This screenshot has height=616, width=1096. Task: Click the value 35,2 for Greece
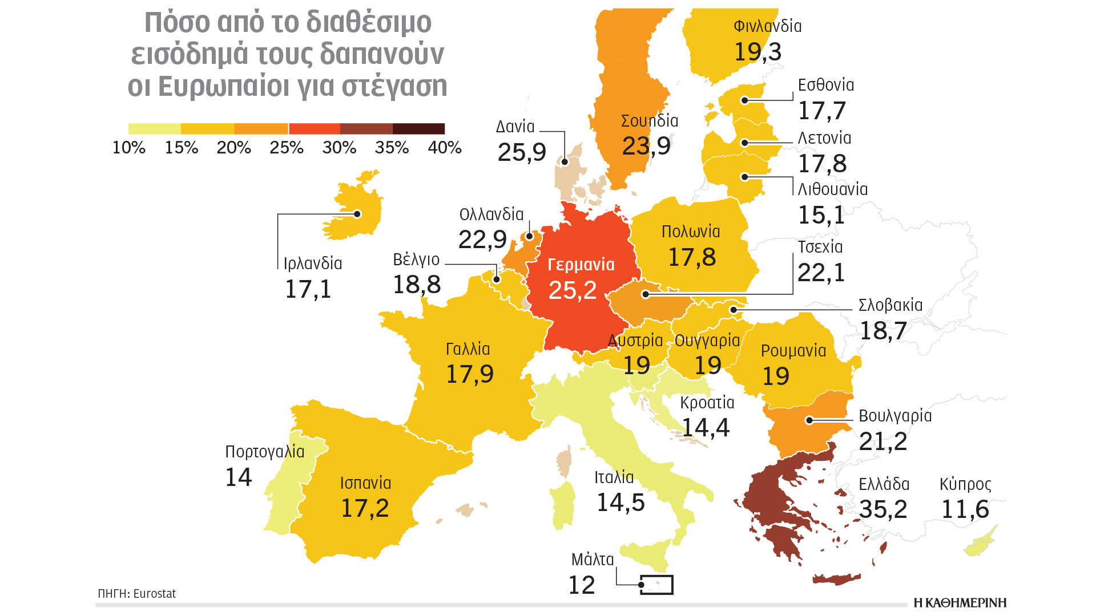point(883,509)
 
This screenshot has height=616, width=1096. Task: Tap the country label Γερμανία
point(581,265)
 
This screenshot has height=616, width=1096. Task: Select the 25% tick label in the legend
point(287,148)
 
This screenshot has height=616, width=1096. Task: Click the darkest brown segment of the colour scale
point(418,129)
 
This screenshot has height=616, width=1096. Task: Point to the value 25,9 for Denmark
point(522,152)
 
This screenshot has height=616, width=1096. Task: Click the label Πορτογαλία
point(265,452)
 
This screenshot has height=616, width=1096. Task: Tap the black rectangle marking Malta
point(656,585)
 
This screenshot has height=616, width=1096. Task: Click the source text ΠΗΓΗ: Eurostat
point(137,594)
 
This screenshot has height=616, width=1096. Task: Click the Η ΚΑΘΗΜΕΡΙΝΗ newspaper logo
point(960,603)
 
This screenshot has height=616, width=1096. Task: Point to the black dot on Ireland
point(357,214)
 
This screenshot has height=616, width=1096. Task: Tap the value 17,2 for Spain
point(365,508)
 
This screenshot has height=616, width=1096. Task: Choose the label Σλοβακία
point(890,305)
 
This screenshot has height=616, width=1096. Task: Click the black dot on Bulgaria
point(809,420)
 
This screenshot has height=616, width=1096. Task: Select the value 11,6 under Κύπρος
point(965,509)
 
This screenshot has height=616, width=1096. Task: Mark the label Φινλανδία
point(767,26)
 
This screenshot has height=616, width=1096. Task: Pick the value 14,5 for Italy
point(620,502)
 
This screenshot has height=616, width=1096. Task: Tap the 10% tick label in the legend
point(129,148)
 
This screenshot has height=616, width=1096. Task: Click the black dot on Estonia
point(745,100)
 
